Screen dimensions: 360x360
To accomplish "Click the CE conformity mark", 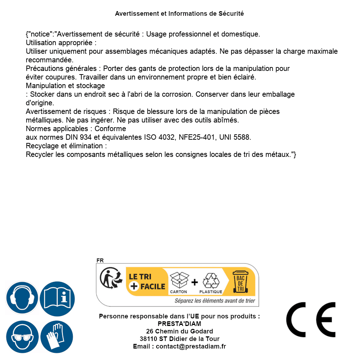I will point(311,320).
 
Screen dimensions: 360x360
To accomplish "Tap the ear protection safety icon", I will point(22,298).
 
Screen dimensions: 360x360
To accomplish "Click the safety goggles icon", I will point(22,337).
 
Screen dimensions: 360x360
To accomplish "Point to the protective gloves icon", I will point(57,337).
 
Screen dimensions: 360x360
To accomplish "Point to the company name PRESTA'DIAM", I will point(179,324).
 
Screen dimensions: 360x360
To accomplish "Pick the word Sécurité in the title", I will point(231,14).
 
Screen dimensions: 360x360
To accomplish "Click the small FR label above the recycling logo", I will point(100,260).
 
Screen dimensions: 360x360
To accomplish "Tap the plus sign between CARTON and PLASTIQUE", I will point(195,282).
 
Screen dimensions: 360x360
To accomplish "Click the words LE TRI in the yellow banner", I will point(140,277).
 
